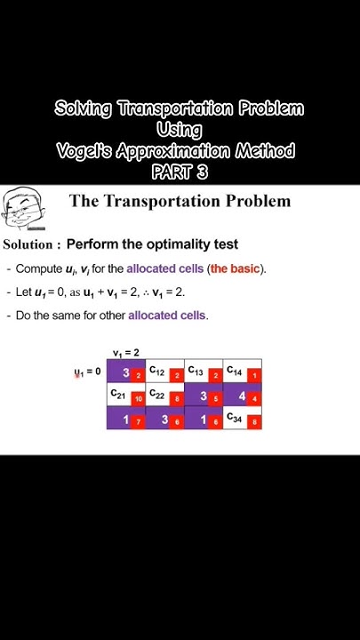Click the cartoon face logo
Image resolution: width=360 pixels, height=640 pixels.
tap(22, 210)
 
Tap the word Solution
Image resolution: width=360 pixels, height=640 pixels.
tap(32, 244)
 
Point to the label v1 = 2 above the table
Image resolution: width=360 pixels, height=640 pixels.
tap(125, 353)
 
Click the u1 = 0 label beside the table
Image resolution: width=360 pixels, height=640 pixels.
tap(87, 372)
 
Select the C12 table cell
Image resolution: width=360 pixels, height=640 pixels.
tap(156, 371)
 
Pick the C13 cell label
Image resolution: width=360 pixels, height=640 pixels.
tap(196, 371)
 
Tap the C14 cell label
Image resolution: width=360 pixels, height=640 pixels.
tap(234, 371)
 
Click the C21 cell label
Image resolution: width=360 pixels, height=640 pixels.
tap(117, 394)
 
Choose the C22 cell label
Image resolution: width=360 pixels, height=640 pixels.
tap(156, 394)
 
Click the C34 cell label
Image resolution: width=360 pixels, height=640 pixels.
tap(234, 417)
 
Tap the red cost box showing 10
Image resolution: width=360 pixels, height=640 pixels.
tap(138, 399)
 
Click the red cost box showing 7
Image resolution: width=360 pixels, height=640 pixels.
tap(138, 422)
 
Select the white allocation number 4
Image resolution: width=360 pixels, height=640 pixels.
tap(241, 396)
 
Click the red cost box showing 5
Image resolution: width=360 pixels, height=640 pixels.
tap(215, 399)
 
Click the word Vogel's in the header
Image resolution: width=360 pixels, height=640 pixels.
tap(84, 151)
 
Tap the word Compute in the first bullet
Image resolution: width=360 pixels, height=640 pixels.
tap(39, 268)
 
